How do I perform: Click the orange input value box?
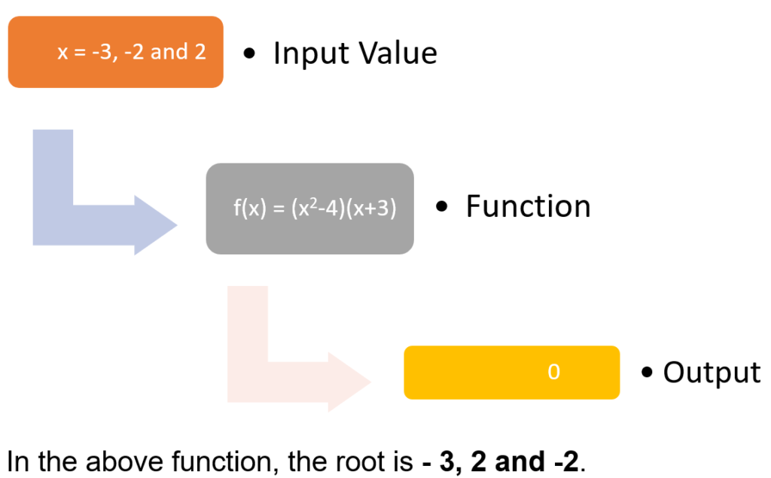click(x=115, y=52)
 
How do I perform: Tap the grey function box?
click(x=309, y=209)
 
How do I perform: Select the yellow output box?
click(x=511, y=372)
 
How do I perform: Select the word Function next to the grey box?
click(x=528, y=206)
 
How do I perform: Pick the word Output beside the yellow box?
click(x=711, y=372)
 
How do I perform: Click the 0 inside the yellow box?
click(x=553, y=372)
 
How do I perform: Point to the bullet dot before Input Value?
click(x=249, y=53)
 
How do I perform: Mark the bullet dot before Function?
click(x=443, y=206)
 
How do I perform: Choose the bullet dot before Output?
click(x=647, y=373)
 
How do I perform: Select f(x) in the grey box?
click(x=250, y=209)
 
